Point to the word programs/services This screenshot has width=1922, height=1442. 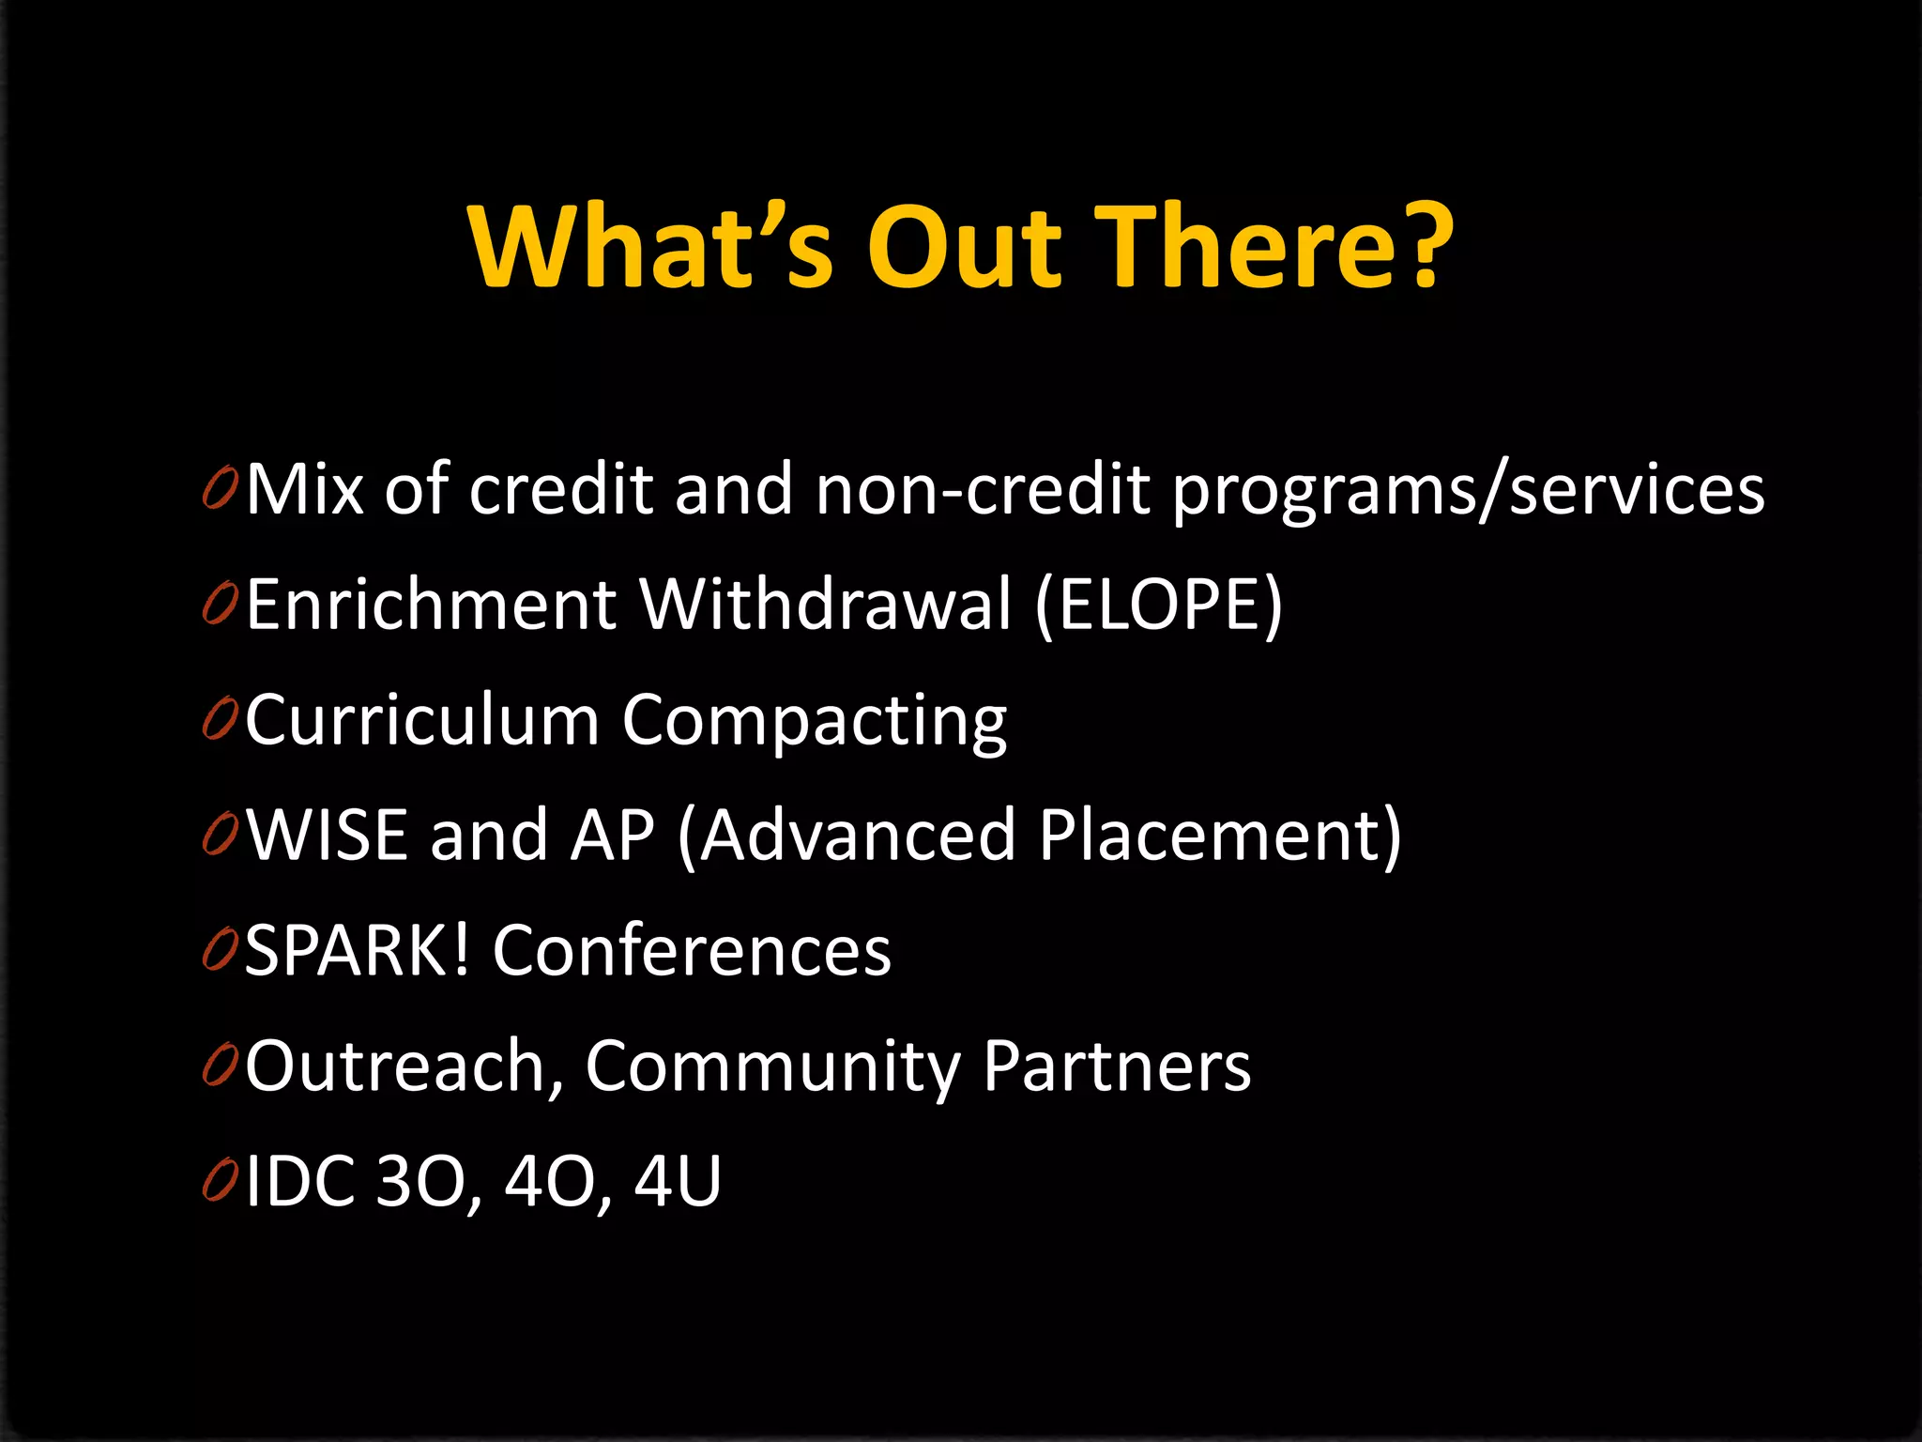coord(1468,492)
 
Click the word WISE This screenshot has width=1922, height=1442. coord(328,835)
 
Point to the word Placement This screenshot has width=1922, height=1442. coord(1210,835)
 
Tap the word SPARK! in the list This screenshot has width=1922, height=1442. coord(357,950)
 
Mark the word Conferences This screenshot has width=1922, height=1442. coord(692,950)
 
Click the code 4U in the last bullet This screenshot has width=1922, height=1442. coord(678,1181)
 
